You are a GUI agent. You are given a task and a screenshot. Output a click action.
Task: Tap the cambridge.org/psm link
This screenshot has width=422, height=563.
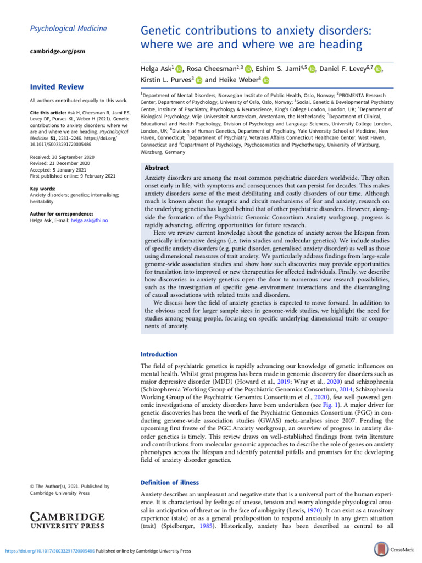[56, 51]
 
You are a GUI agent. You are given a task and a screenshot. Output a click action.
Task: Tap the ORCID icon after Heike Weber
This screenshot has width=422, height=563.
[266, 80]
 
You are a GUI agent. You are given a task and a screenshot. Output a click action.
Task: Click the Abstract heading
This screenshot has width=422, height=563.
[156, 153]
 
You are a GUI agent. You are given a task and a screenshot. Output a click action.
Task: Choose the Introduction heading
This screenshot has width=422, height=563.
[159, 355]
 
